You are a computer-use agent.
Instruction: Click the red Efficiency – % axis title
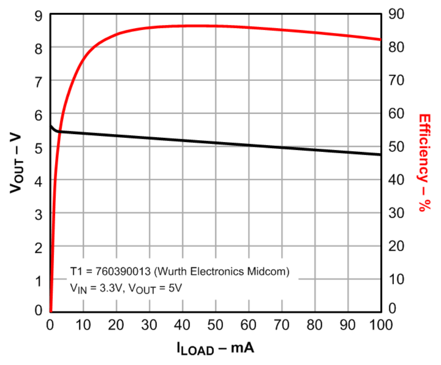pos(425,163)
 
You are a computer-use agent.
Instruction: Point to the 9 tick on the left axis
pos(39,16)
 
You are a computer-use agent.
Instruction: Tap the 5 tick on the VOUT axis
pos(39,148)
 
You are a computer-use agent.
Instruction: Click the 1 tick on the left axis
pos(39,280)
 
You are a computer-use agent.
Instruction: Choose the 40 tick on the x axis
pos(183,325)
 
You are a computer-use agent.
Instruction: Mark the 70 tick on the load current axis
pos(281,325)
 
